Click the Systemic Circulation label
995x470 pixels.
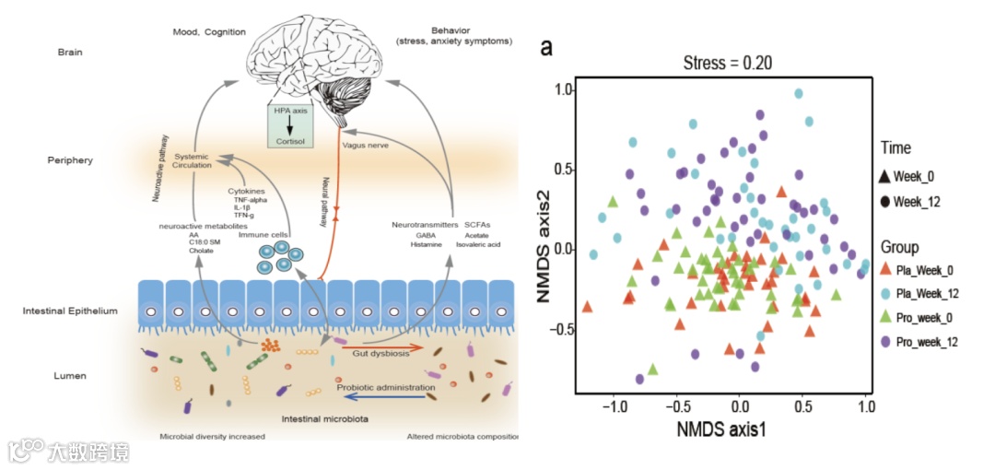193,160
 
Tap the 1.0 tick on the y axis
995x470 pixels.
563,89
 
